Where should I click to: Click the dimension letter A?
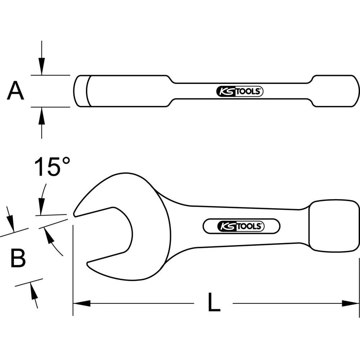[15, 91]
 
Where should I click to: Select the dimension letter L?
[214, 303]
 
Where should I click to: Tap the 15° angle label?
[52, 167]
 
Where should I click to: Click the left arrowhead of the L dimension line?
[81, 303]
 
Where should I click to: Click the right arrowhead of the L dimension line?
[351, 303]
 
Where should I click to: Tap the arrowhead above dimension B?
[11, 223]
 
